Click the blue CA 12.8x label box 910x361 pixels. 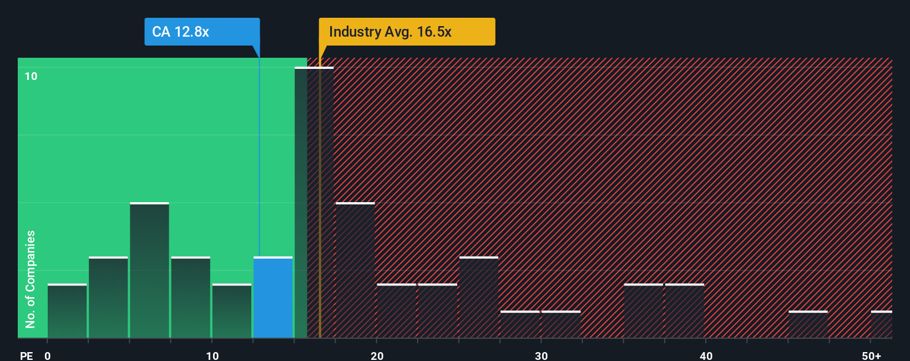coord(202,32)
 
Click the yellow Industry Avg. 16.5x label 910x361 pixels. coord(407,32)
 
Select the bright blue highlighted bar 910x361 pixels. coord(273,298)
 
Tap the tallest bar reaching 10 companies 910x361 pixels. coord(314,203)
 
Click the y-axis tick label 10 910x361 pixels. coord(31,77)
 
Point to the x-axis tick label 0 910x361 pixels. coord(48,355)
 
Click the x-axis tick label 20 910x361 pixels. coord(377,355)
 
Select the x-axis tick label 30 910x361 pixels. coord(541,355)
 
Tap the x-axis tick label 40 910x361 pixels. coord(706,355)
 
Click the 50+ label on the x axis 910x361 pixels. coord(871,355)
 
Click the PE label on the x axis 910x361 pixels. coord(27,355)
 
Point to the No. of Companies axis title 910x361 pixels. coord(31,279)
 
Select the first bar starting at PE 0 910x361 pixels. coord(67,311)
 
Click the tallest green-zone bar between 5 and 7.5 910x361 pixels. coord(149,270)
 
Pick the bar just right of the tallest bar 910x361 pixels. coord(355,270)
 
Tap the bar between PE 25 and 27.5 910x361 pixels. coord(479,298)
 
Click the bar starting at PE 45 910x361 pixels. coord(808,324)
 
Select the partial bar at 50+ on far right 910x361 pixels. coord(882,324)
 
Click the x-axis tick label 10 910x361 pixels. coord(212,355)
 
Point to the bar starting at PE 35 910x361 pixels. coord(643,311)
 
